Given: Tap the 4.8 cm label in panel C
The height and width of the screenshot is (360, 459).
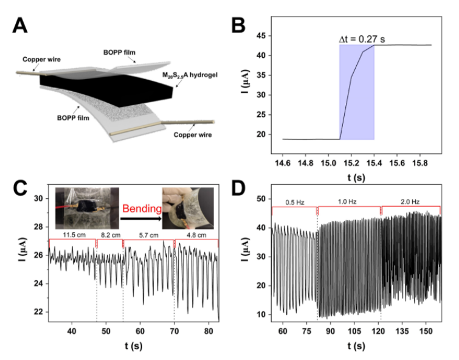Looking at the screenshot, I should (x=195, y=234).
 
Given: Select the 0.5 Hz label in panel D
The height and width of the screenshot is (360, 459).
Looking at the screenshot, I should (x=294, y=202).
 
